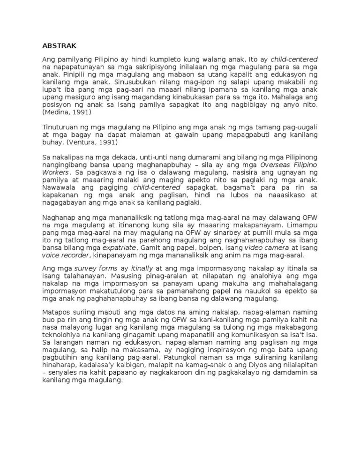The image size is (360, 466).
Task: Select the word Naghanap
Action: coord(59,218)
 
